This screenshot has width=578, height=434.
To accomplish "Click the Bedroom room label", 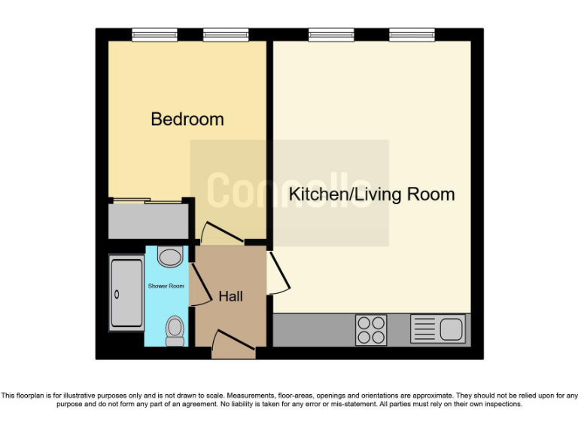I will (187, 119).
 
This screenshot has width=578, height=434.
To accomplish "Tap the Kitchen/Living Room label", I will (372, 194).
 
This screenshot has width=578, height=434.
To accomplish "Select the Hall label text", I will (230, 297).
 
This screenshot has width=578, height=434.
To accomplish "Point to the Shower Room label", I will (166, 286).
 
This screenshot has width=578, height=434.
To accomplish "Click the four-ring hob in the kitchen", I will (370, 329).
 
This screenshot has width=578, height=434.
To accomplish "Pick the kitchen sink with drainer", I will (438, 329).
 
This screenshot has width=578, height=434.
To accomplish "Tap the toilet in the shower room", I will (175, 330).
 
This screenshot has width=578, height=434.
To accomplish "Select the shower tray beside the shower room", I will (126, 292).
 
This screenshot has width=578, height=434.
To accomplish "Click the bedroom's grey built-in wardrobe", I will (148, 221).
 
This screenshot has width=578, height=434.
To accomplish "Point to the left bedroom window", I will (154, 34).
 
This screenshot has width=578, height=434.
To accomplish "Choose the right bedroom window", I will (225, 34).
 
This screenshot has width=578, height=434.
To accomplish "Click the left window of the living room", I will (331, 34).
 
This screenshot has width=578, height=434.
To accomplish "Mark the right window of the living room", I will (412, 34).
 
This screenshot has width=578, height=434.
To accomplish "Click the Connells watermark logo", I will (289, 192).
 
